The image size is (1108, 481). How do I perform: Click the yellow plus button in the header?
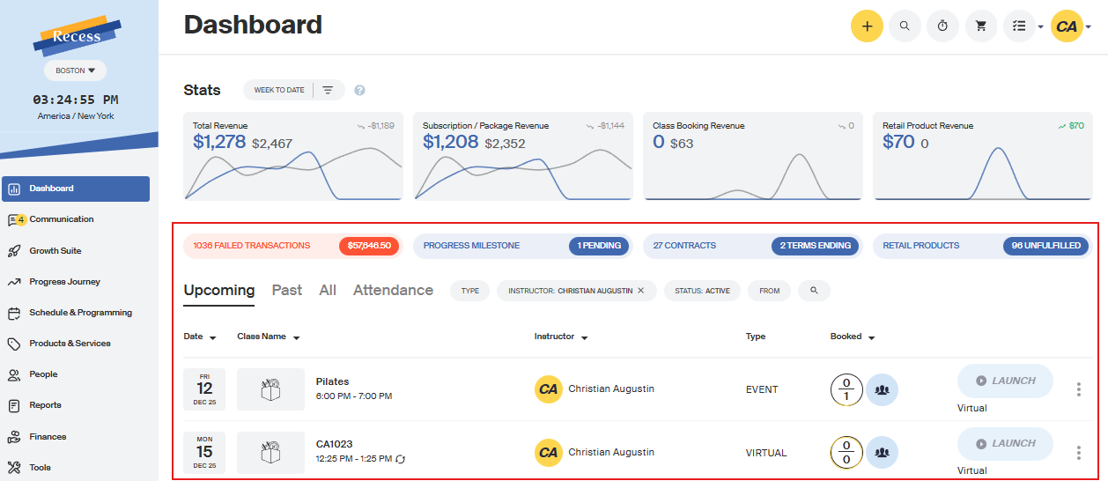[867, 26]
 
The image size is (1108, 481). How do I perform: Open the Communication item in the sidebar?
[61, 219]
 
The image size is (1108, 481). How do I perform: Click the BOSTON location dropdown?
[75, 70]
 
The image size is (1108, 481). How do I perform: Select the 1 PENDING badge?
[599, 246]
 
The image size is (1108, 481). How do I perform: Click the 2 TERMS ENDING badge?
[815, 246]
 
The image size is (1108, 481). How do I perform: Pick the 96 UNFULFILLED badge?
[1046, 246]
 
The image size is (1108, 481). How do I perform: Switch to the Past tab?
[287, 290]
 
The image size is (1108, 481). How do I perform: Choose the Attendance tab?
[393, 290]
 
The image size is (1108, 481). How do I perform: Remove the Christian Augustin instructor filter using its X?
[641, 291]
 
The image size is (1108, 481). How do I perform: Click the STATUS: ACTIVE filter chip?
[702, 291]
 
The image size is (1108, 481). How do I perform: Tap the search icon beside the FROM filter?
[814, 291]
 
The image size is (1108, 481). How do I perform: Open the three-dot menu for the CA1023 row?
[1078, 453]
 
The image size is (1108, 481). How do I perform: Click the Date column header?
[199, 337]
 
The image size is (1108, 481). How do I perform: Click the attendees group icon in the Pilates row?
[882, 389]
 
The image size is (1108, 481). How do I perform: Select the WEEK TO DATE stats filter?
[279, 90]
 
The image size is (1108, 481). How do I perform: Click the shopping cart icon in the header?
[980, 26]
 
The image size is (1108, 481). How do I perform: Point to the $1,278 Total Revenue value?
[219, 141]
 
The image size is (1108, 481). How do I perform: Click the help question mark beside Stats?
[359, 90]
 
